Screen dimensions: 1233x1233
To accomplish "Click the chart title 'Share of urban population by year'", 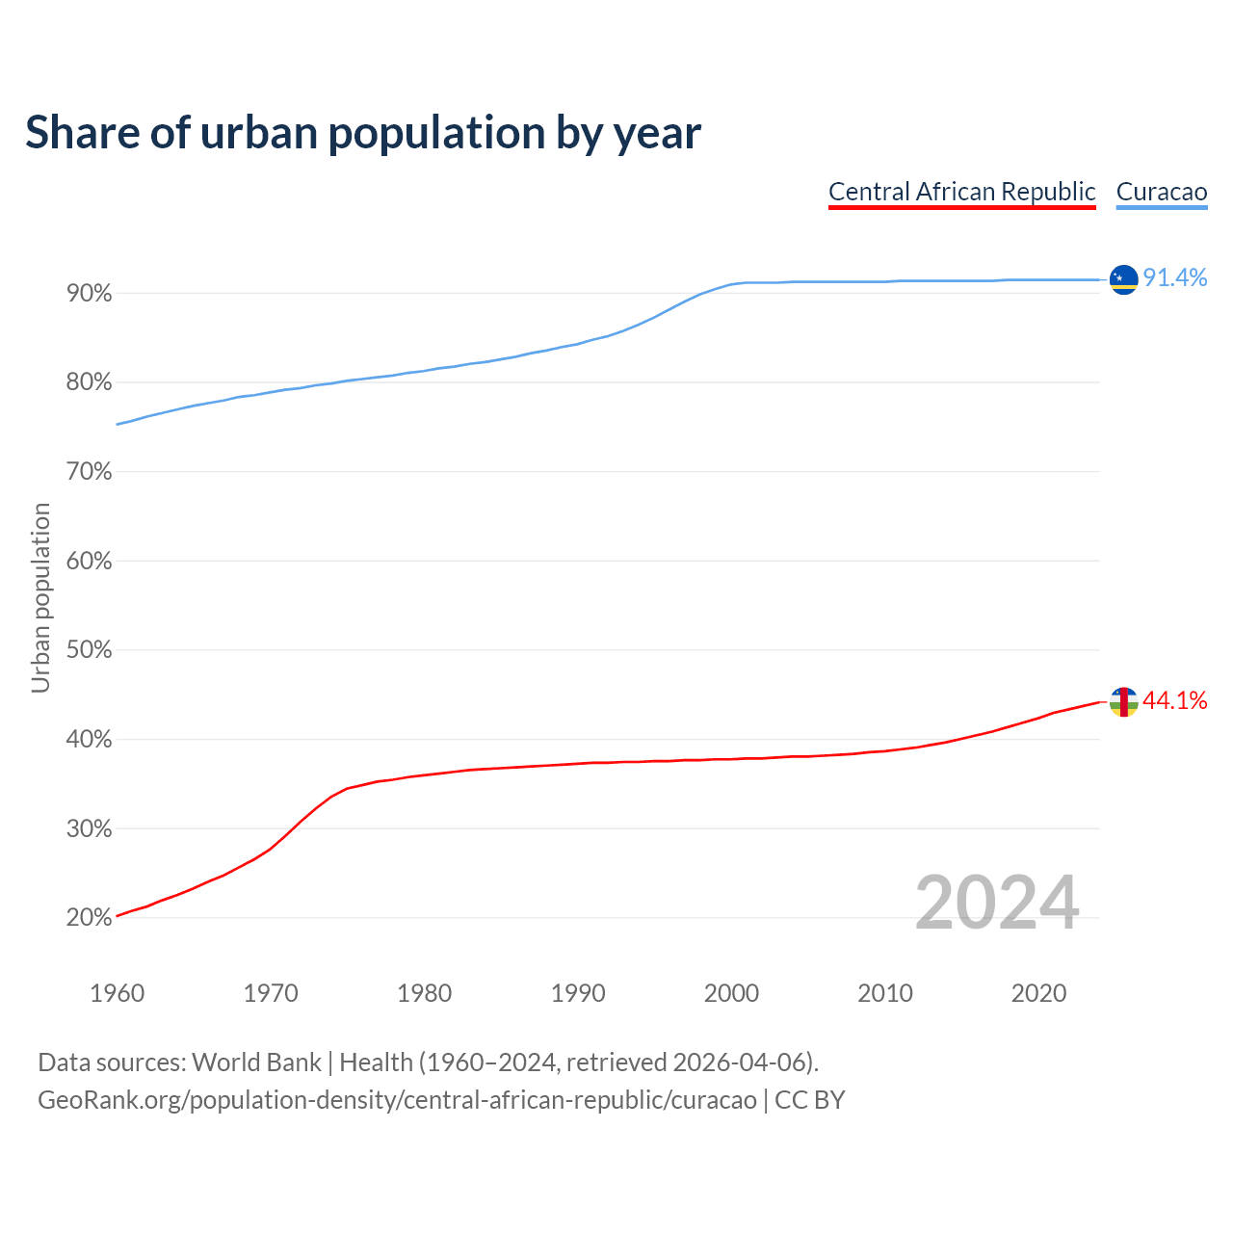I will click(363, 133).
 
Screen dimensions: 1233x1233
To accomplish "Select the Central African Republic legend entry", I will click(961, 192).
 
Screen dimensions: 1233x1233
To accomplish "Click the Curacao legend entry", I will click(1161, 192).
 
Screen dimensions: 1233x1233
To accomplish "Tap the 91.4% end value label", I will click(1174, 278).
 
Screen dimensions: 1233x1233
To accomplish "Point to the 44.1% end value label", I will click(1174, 700).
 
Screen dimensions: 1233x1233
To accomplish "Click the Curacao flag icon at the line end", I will click(1123, 279).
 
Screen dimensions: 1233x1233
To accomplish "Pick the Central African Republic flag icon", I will click(1123, 701).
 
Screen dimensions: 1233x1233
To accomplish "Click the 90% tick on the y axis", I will click(90, 294).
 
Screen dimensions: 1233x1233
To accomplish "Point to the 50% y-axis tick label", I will click(90, 650).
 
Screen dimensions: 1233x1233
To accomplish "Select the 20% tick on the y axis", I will click(90, 918).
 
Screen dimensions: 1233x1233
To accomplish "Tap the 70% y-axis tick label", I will click(90, 472).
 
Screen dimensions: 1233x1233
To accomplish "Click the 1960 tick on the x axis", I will click(117, 993).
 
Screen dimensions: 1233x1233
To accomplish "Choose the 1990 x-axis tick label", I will click(578, 993).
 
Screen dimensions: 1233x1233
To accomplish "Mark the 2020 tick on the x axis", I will click(1038, 993).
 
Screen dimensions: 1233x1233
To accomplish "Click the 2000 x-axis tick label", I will click(731, 993).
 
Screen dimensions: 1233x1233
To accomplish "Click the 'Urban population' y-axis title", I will click(40, 597).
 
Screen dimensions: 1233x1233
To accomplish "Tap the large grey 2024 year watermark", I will click(997, 903).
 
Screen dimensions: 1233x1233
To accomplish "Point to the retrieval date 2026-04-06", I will click(738, 1062).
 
